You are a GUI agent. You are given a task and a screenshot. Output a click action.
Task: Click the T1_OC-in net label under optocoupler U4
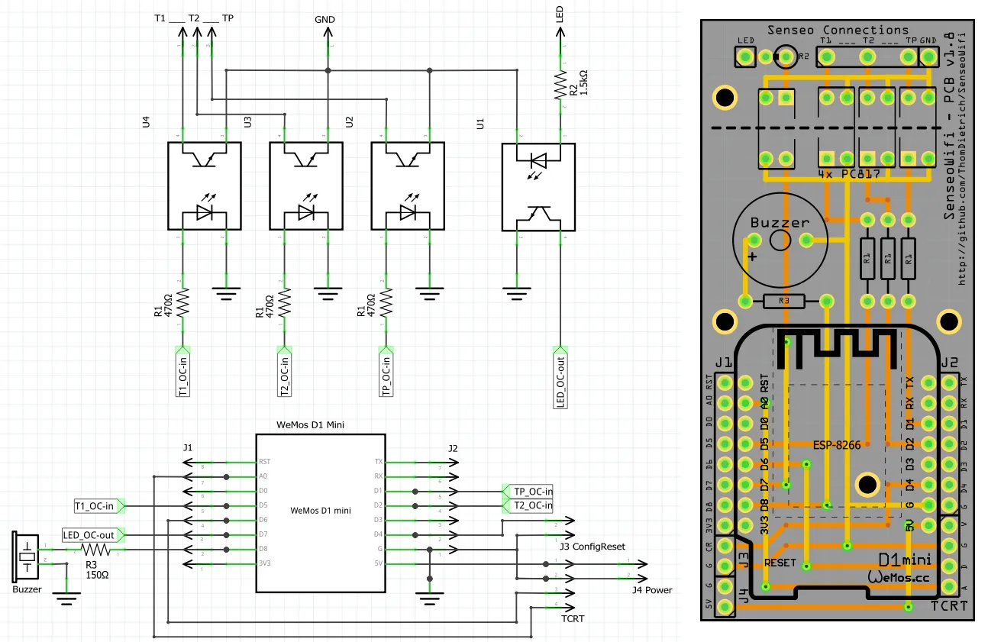[182, 371]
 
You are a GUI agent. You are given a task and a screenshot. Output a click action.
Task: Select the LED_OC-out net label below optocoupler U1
[560, 382]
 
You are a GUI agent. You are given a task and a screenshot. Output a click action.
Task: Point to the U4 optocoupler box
[204, 186]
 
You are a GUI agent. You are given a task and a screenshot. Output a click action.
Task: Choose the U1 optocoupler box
[538, 186]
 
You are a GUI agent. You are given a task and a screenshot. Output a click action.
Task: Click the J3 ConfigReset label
[587, 547]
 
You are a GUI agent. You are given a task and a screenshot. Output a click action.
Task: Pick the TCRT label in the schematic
[573, 618]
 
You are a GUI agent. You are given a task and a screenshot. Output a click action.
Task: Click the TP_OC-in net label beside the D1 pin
[528, 491]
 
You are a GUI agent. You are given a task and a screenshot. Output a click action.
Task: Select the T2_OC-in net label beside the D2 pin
[528, 505]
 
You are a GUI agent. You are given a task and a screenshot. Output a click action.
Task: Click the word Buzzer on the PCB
[779, 223]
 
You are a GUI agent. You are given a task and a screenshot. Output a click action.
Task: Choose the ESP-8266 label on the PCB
[836, 445]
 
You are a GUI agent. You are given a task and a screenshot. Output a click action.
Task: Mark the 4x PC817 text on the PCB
[848, 175]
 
